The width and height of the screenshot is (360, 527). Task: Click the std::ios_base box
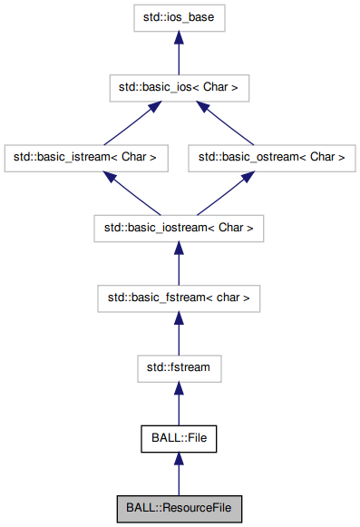click(178, 17)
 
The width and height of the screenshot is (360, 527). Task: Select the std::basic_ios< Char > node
click(178, 87)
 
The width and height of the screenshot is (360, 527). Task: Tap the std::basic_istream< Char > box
click(85, 157)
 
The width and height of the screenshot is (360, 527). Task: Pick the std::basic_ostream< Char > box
click(271, 157)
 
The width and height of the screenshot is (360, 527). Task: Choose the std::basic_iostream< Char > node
click(178, 227)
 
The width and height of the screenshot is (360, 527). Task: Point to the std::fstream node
click(178, 368)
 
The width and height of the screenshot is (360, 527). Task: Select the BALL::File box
click(178, 438)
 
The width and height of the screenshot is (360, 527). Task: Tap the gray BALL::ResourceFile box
click(178, 509)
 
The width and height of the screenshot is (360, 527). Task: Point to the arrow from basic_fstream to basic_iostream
click(178, 263)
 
